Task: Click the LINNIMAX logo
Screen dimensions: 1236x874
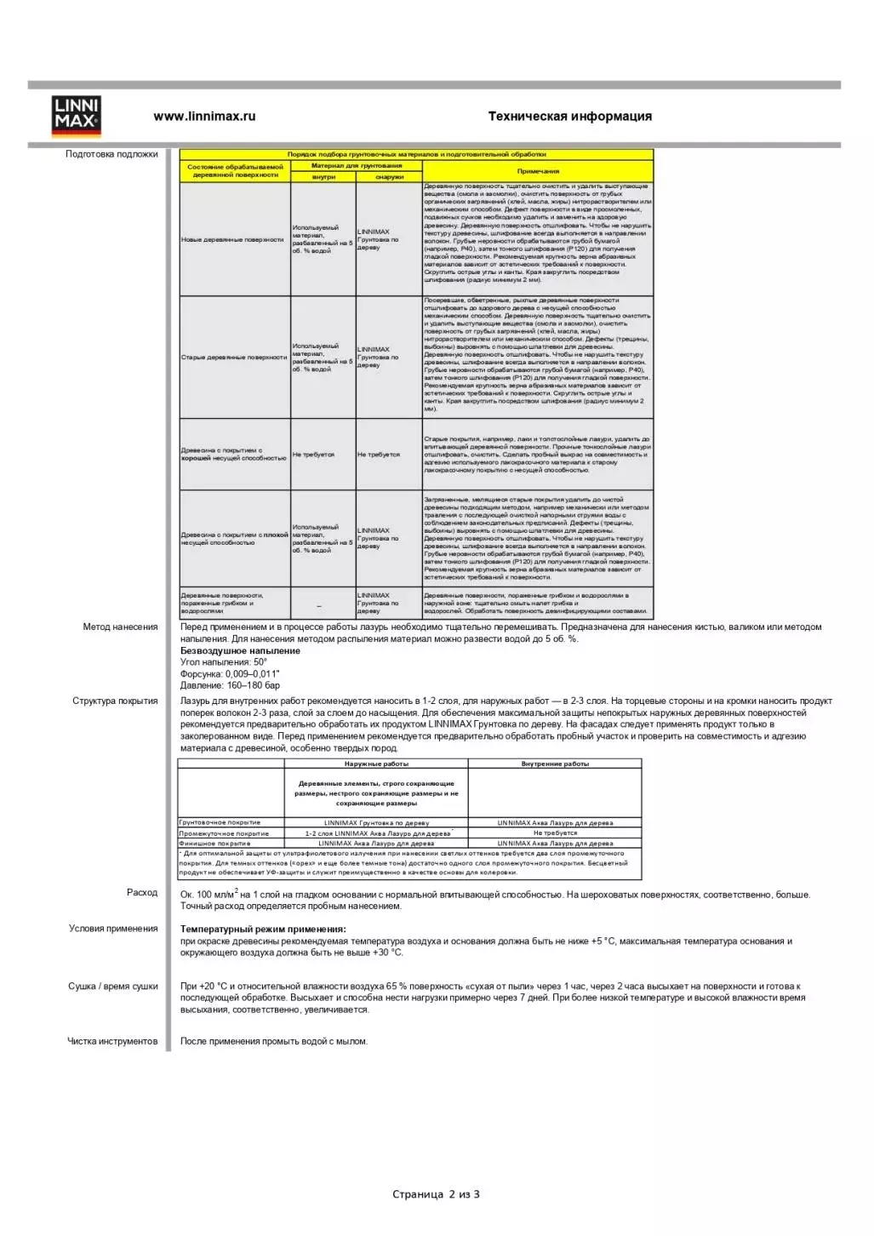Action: coord(76,116)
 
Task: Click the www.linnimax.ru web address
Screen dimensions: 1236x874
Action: coord(204,117)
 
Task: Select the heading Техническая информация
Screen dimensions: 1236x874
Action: coord(569,117)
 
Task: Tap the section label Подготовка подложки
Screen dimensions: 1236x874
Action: coord(111,154)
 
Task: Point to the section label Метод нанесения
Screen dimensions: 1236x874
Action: coord(120,627)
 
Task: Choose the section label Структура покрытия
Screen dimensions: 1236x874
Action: coord(115,701)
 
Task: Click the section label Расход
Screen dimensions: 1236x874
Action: coord(142,893)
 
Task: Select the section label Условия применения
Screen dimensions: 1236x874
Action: coord(113,929)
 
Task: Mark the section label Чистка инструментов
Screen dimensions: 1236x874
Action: coord(112,1041)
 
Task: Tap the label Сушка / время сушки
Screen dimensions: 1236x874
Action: coord(113,987)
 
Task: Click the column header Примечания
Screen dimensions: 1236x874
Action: coord(538,171)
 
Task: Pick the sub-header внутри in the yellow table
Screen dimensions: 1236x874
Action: coord(323,177)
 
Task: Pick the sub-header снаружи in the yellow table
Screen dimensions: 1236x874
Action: coord(389,177)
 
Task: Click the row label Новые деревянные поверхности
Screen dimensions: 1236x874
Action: coord(232,240)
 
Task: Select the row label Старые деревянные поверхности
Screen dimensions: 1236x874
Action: coord(234,358)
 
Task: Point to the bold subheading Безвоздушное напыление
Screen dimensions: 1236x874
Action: coord(240,651)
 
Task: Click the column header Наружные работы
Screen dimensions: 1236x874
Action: coord(376,764)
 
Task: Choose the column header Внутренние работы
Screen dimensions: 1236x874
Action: coord(555,764)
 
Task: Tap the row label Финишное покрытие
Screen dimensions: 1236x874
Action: coord(214,844)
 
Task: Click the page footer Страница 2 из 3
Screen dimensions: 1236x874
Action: coord(436,1194)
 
